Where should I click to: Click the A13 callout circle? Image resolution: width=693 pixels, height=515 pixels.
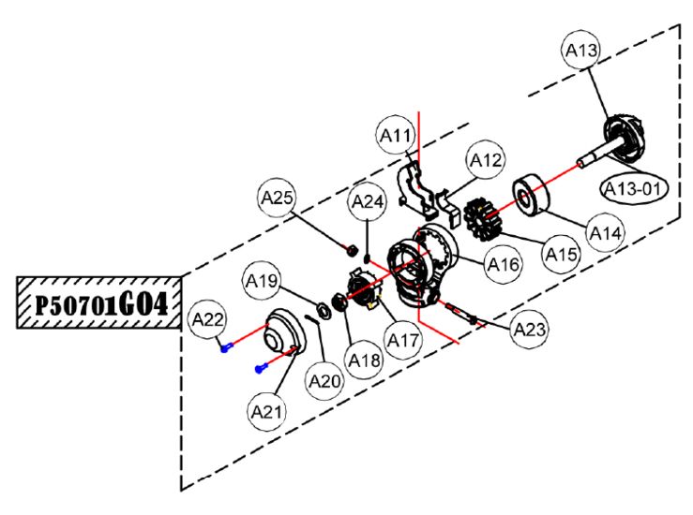click(x=581, y=50)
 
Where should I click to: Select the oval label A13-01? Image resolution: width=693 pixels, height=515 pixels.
click(x=633, y=189)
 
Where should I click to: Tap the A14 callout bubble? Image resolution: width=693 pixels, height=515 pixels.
click(x=606, y=232)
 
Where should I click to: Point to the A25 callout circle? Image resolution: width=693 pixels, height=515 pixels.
click(x=277, y=198)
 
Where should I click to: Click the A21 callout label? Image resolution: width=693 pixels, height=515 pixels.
click(x=266, y=412)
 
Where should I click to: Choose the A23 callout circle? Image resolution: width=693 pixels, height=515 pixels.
click(x=530, y=330)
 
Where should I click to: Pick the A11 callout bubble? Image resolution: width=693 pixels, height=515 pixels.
click(x=396, y=135)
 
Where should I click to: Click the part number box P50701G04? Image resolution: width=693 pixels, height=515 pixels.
click(x=99, y=302)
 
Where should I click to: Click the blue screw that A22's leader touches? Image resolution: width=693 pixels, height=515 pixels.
click(x=226, y=348)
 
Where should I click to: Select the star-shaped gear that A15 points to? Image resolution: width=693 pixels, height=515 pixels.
click(x=483, y=219)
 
